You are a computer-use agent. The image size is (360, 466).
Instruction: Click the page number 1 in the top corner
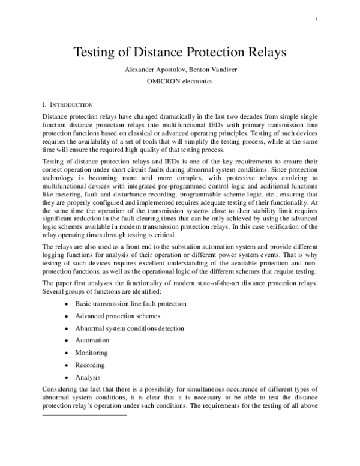coord(316,19)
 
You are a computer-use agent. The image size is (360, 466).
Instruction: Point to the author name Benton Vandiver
coord(214,70)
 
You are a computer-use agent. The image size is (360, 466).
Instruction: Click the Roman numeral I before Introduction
coord(44,104)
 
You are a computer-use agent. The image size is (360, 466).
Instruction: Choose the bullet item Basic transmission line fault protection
coord(131,304)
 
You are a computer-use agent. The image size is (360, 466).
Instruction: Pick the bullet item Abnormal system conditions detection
coord(130,328)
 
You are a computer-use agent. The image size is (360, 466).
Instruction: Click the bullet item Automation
coord(92,340)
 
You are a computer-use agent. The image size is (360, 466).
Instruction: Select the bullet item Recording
coord(90,365)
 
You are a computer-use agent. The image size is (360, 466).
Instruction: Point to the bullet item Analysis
coord(88,377)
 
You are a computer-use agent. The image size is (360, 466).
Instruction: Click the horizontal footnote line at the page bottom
coord(85,414)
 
